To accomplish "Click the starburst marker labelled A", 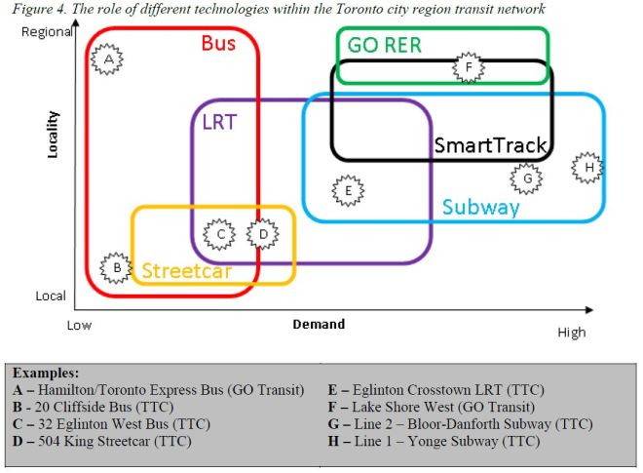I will (109, 60).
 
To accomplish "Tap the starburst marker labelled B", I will (117, 266).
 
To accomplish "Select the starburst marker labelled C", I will (221, 234).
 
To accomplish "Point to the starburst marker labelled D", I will (262, 234).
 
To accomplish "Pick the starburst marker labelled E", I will (347, 191).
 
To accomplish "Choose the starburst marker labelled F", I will (469, 67).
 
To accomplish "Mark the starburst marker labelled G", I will (527, 178).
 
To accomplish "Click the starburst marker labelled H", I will (588, 168).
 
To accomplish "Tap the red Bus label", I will (219, 44).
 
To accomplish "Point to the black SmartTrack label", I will (490, 145).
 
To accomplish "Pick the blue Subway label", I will (480, 207).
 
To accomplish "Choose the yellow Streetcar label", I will (187, 271).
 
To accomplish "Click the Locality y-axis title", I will (54, 134).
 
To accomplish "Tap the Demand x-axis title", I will (319, 325).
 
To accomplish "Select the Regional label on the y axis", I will (47, 32).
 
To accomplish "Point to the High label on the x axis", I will (572, 333).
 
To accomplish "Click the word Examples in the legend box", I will (48, 374).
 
